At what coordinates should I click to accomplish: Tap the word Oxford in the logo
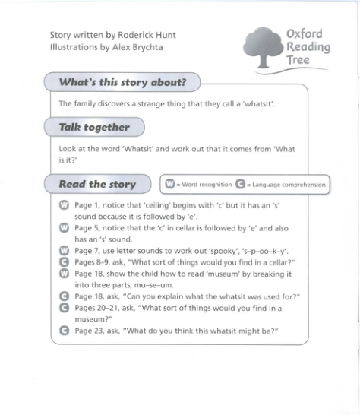tap(305, 33)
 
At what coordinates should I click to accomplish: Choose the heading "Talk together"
tap(94, 127)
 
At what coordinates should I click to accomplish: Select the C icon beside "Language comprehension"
tap(240, 184)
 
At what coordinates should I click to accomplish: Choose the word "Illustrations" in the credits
tap(71, 47)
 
